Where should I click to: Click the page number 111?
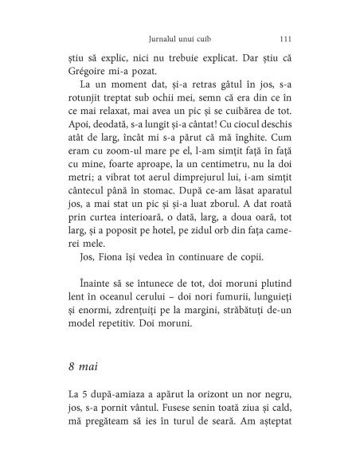pos(289,37)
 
